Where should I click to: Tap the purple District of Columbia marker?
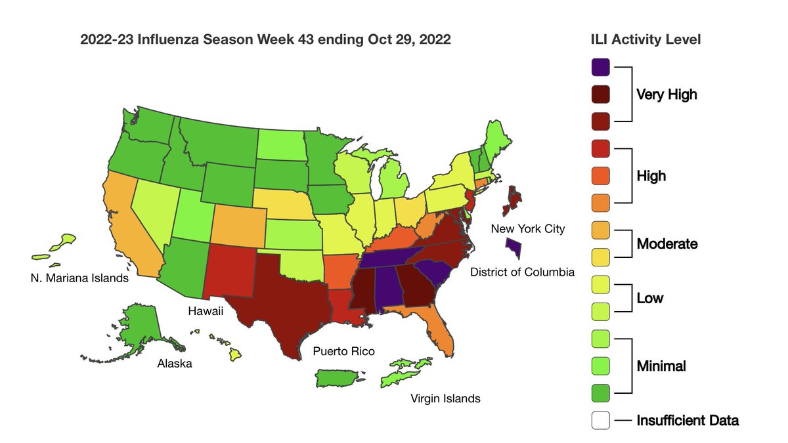[x=514, y=249]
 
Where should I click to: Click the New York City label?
[x=528, y=228]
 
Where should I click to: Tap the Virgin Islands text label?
[x=445, y=398]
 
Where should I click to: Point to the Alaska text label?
[x=174, y=363]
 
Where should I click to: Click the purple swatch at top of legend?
[x=601, y=67]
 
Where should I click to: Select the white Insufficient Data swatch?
[x=601, y=420]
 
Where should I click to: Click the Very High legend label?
[x=667, y=95]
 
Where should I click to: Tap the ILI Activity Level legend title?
[x=646, y=39]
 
